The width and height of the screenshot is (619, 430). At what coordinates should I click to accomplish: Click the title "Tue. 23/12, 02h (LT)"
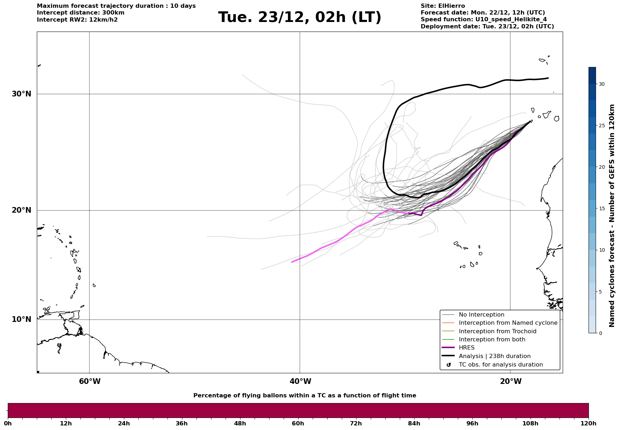300,17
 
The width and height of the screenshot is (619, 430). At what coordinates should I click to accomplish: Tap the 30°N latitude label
21,94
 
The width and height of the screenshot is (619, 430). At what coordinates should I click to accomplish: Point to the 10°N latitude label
21,319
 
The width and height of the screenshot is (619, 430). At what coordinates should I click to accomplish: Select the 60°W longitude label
90,381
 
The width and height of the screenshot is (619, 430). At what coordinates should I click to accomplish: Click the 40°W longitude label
300,381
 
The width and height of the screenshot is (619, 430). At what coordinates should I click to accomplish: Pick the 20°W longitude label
511,381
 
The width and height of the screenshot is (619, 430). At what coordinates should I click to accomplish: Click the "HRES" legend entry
466,348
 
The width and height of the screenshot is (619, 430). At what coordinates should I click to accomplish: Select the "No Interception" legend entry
481,315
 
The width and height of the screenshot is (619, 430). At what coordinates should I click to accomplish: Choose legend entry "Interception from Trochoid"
497,331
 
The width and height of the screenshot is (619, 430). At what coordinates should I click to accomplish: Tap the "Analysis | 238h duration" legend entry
494,356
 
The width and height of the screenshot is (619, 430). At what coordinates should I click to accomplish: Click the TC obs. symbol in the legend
449,365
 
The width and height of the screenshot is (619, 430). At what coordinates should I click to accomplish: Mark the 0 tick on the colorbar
600,333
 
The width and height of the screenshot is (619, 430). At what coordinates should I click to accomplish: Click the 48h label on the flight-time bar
240,423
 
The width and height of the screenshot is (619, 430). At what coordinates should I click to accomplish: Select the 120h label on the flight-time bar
589,423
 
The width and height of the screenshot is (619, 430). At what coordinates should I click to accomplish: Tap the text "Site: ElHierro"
443,6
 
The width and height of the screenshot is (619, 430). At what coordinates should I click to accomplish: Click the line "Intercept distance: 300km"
80,13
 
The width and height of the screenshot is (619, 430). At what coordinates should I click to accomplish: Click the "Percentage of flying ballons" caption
305,396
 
